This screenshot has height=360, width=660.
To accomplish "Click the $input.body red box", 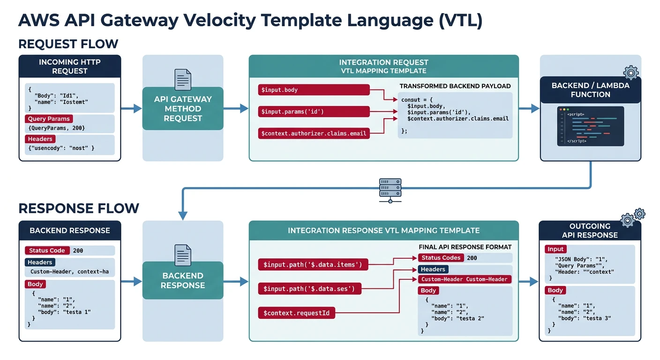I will coord(314,90).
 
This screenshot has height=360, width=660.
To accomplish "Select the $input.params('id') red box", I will coord(314,112).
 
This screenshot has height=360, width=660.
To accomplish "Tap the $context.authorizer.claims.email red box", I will coord(314,134).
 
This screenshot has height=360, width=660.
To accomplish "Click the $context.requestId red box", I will coord(296,313).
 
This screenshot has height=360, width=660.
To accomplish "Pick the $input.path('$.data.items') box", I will coord(313,265).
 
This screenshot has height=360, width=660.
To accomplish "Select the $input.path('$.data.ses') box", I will coord(309,289).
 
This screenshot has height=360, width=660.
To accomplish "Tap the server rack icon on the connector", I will coord(390,189).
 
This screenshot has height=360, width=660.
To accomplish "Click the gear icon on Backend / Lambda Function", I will coord(631,73).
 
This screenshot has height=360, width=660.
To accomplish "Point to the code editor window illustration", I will coord(590,126).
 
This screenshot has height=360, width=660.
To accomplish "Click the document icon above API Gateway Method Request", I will coord(182,80).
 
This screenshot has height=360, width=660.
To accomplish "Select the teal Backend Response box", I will coord(183,280).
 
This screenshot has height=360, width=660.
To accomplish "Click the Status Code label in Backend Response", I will coord(47,250).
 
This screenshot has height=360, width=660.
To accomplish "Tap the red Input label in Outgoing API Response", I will coord(555,249).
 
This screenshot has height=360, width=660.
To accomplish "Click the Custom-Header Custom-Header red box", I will coord(464,279).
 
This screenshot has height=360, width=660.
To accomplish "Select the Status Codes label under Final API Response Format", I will coord(441,258).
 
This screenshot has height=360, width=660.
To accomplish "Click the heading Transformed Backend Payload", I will coord(455,86).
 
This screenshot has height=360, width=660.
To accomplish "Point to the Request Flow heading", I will coord(68,44).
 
